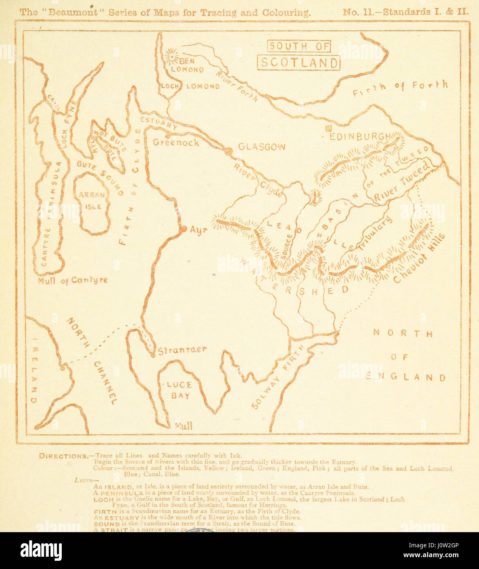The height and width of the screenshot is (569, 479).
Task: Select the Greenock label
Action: coord(176,143)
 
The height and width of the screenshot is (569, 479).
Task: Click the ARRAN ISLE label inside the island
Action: coord(92,201)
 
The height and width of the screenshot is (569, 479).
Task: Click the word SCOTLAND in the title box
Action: coord(299,63)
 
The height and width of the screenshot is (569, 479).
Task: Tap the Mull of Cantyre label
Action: coord(72,280)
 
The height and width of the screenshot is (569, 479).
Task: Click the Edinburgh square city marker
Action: coord(328,128)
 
